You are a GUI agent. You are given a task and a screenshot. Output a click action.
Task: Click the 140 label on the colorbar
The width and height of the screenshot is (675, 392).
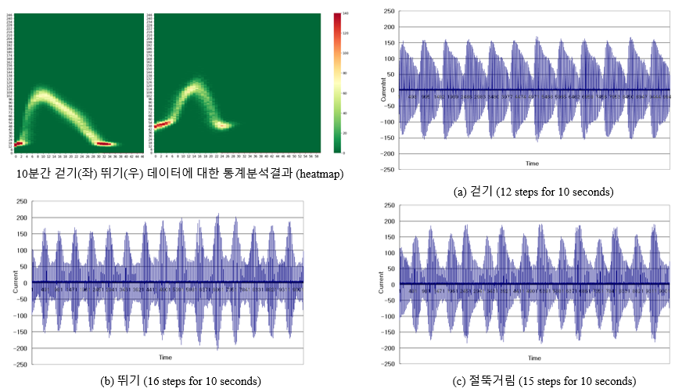click(x=345, y=14)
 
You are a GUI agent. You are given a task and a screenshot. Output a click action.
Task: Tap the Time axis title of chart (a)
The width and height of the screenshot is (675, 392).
click(x=532, y=164)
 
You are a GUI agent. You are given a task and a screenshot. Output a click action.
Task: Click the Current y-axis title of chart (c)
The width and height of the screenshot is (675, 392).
click(x=381, y=283)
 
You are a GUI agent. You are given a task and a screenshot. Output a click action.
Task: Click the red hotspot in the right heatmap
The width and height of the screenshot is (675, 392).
click(x=163, y=124)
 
